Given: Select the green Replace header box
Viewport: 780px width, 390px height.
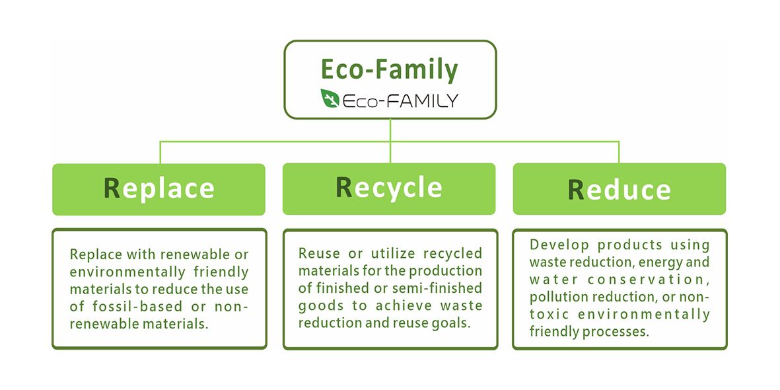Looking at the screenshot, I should (159, 189).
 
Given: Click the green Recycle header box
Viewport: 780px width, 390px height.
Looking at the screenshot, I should (389, 188).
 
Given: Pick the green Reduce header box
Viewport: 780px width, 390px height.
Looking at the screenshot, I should (619, 189).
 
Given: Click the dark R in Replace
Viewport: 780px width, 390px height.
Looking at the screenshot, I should (112, 188).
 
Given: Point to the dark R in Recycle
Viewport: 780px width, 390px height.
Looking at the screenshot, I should (344, 187).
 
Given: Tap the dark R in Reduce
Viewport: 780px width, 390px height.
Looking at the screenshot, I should (576, 190).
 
